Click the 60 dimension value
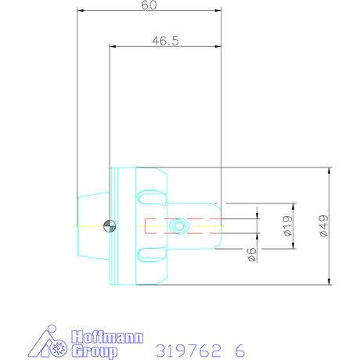(x=149, y=6)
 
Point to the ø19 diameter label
(x=287, y=227)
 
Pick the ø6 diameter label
(x=251, y=254)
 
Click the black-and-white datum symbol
(x=110, y=226)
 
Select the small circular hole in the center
(x=180, y=226)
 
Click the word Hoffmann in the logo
(x=106, y=337)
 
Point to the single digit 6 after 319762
(x=239, y=350)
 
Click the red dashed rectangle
(x=180, y=226)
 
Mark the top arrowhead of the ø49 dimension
(x=330, y=171)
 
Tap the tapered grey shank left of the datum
(x=90, y=226)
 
